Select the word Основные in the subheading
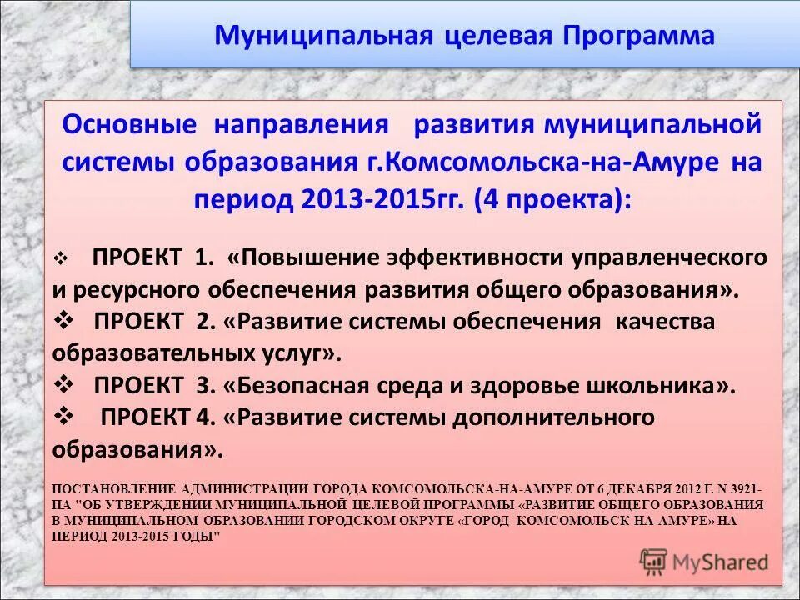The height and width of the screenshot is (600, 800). pos(129,125)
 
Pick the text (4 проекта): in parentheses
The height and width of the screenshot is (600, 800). pos(552,199)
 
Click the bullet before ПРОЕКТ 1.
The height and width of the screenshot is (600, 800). pos(60,259)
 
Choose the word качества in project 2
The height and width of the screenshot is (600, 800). pos(664,322)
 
